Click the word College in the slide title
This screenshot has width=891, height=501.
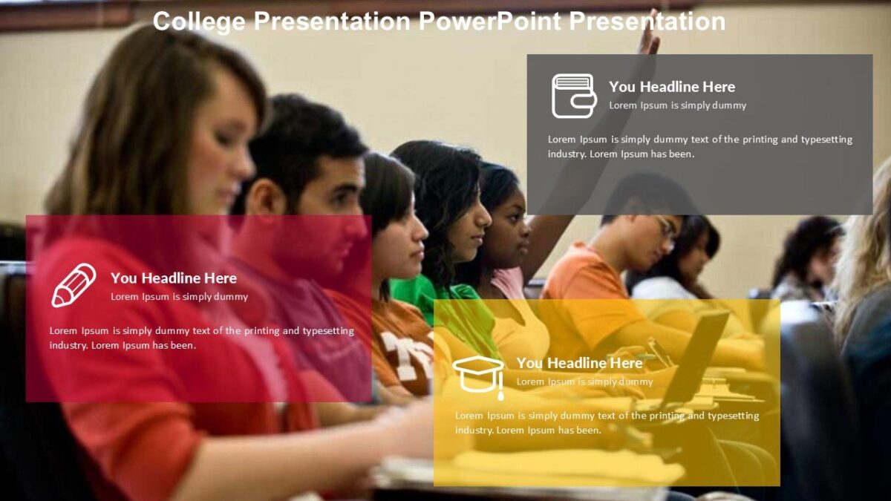click(x=198, y=22)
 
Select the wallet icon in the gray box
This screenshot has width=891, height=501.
click(x=573, y=96)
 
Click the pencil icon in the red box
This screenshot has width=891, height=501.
click(x=73, y=285)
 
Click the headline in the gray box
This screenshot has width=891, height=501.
click(x=672, y=87)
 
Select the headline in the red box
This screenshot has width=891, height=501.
click(x=174, y=278)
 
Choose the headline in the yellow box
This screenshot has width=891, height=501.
click(x=579, y=363)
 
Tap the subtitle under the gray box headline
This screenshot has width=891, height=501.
click(x=677, y=105)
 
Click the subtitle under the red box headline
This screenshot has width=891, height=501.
click(x=179, y=297)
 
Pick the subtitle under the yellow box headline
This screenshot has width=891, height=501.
click(x=584, y=382)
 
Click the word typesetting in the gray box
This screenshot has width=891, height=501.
click(x=826, y=140)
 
